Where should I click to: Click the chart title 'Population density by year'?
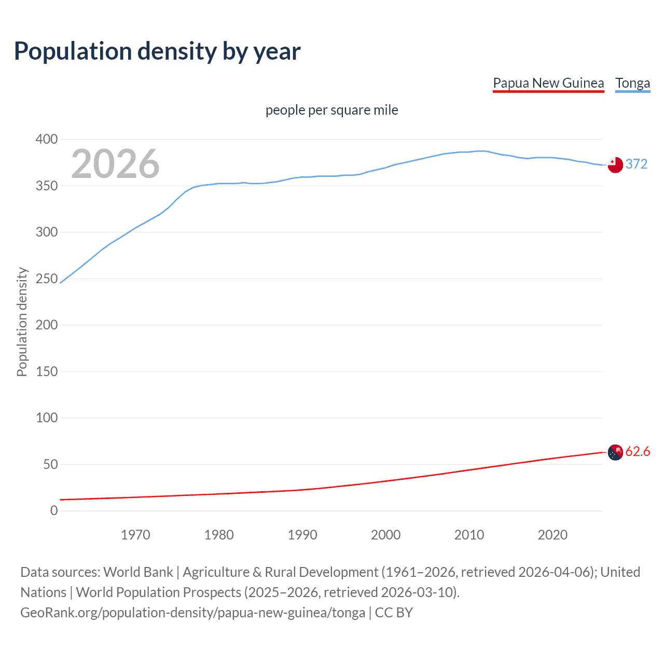click(157, 51)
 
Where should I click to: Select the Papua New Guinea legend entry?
click(548, 84)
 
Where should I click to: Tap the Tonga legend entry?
click(632, 84)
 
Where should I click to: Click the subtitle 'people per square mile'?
click(332, 110)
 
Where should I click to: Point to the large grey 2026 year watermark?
click(115, 164)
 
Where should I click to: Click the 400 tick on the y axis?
click(47, 139)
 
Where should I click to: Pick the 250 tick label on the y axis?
click(47, 279)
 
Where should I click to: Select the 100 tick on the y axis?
click(47, 418)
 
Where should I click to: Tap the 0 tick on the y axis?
click(54, 510)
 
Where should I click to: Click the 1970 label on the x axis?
click(135, 535)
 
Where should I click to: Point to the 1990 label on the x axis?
click(302, 535)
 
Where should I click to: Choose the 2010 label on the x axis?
click(469, 535)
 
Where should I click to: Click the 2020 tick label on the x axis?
click(552, 535)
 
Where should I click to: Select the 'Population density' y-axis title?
click(22, 322)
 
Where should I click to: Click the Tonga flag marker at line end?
click(615, 165)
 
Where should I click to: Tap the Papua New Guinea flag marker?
click(615, 452)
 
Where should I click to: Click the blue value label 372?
click(637, 164)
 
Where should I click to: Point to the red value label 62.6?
click(638, 451)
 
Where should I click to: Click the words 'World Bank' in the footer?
click(138, 572)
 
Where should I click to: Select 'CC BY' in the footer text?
click(394, 613)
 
